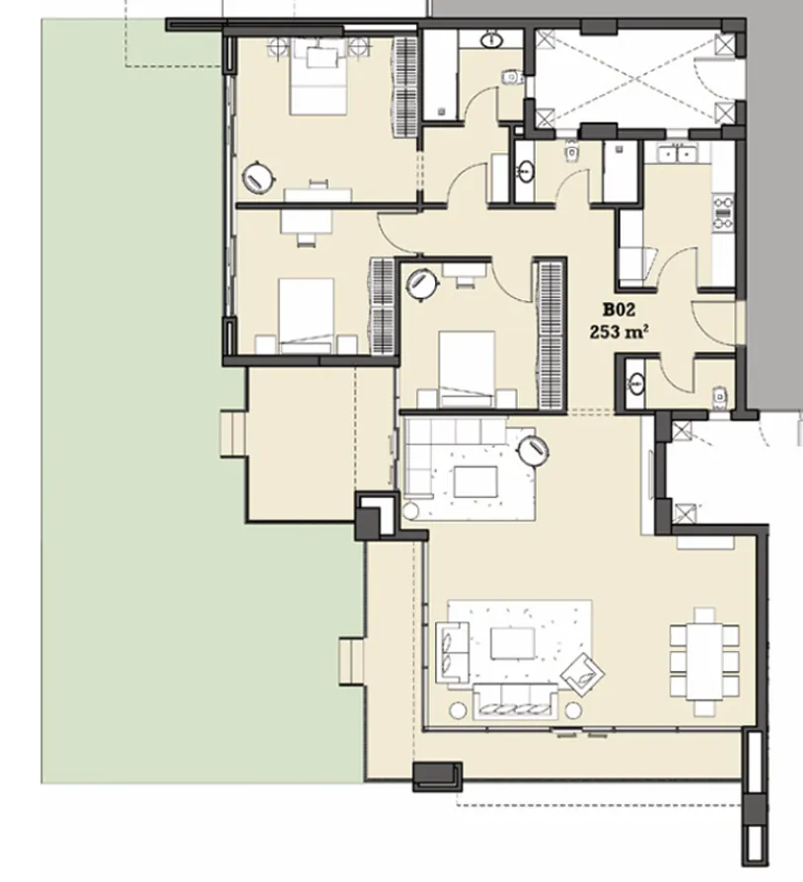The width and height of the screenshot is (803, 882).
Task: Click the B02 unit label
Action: click(618, 309)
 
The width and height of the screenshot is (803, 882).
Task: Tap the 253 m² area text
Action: click(618, 332)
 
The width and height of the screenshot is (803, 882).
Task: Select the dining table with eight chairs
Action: click(704, 661)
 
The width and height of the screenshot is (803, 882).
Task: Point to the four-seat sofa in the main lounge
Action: click(513, 699)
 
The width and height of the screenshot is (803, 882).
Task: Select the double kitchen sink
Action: click(678, 154)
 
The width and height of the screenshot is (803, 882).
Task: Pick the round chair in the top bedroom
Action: click(259, 178)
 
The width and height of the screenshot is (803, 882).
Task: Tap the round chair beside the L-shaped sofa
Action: click(535, 450)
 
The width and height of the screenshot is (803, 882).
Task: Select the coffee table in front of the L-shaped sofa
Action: click(476, 482)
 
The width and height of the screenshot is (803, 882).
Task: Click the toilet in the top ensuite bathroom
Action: click(510, 77)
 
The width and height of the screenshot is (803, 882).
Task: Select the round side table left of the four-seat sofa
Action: click(457, 709)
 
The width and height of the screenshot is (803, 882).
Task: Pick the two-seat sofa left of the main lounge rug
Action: click(451, 652)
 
